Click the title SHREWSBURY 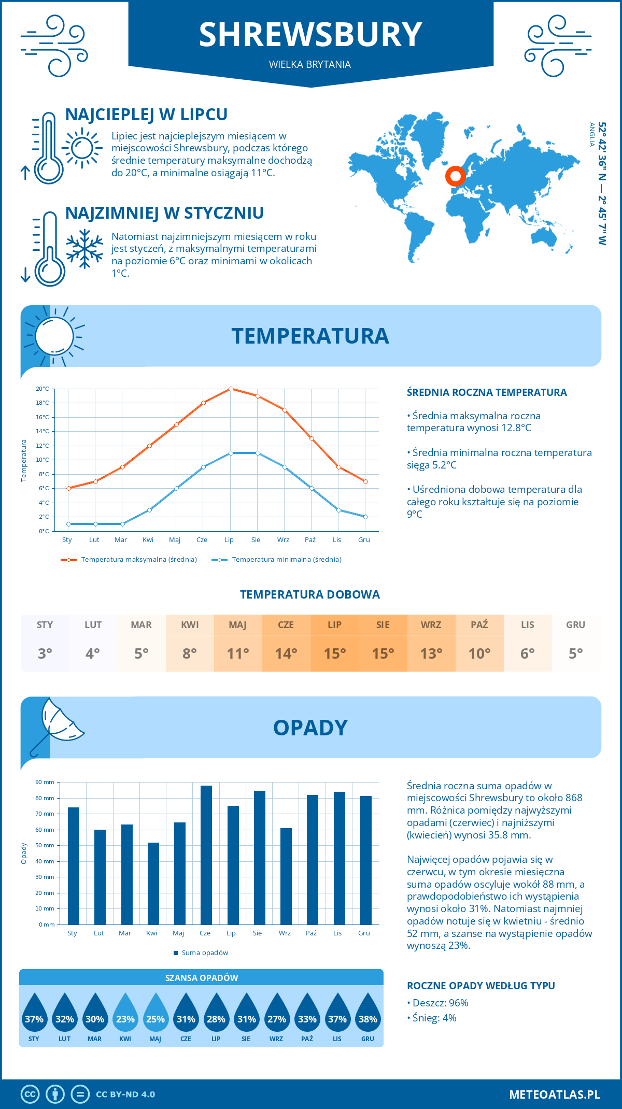click(x=310, y=35)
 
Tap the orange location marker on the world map click(x=455, y=176)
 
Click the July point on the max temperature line click(x=231, y=389)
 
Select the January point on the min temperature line click(x=68, y=524)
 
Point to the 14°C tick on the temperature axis click(x=43, y=431)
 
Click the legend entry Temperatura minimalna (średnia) click(x=286, y=560)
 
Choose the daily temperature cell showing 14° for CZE click(x=286, y=653)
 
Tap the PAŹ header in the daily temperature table click(x=479, y=625)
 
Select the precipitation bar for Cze click(x=206, y=855)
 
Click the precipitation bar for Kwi click(x=153, y=884)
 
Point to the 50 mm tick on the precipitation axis click(x=45, y=845)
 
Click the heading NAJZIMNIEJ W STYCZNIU click(x=164, y=213)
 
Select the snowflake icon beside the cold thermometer click(x=84, y=248)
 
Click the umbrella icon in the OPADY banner click(x=57, y=724)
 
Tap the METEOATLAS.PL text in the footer click(x=554, y=1094)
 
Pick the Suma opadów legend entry click(x=204, y=953)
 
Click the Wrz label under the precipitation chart click(x=285, y=933)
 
